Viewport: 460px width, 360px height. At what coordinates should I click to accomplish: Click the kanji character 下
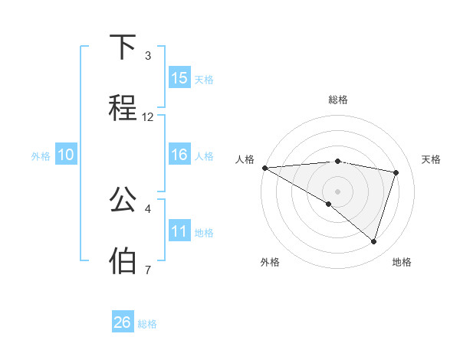(123, 48)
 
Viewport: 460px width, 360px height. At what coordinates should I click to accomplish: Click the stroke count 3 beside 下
(147, 56)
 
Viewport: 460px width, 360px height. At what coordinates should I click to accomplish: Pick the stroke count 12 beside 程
(148, 116)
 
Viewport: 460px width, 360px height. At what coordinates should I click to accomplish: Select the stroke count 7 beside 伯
(147, 269)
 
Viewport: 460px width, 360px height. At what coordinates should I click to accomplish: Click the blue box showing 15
(179, 78)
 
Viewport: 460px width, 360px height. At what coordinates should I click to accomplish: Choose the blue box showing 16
(179, 155)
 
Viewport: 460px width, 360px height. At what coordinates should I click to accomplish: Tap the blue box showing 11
(179, 231)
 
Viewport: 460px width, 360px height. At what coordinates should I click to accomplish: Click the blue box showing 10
(66, 155)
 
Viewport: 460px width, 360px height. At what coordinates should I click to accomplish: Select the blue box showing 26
(123, 322)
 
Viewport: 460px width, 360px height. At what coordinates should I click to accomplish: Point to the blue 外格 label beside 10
(41, 155)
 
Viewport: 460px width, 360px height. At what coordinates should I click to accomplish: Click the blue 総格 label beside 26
(147, 324)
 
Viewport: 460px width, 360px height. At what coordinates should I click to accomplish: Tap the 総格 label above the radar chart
(338, 100)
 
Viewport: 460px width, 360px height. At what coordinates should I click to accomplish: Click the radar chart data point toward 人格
(264, 167)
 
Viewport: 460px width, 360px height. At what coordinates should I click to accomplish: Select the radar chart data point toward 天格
(396, 172)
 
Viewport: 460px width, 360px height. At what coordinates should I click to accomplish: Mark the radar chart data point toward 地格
(373, 241)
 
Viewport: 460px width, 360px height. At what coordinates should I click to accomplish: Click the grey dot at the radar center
(337, 191)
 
